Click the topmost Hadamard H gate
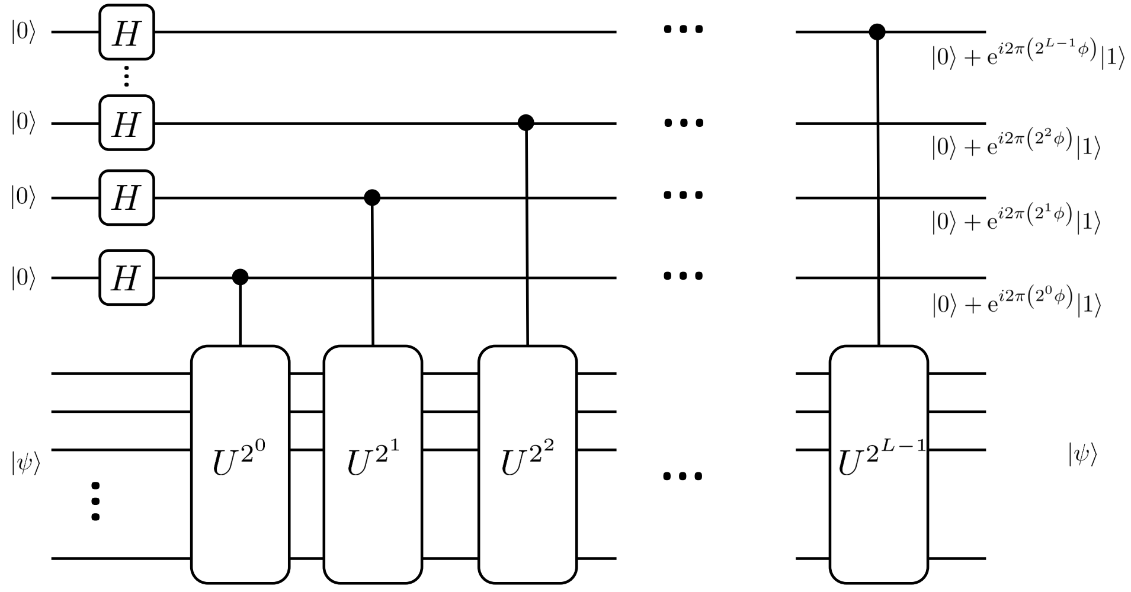click(126, 32)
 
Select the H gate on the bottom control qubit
click(126, 277)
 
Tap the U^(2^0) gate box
click(240, 463)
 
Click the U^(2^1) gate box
click(373, 463)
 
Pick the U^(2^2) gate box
click(527, 463)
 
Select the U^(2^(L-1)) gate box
click(879, 463)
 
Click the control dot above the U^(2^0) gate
click(240, 277)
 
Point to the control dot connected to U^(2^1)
click(371, 197)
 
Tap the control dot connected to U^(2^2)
click(526, 123)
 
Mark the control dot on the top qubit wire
click(877, 31)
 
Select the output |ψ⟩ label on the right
click(1082, 455)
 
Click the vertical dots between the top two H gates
click(126, 77)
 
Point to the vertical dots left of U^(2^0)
click(95, 501)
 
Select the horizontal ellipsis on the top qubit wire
click(683, 29)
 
